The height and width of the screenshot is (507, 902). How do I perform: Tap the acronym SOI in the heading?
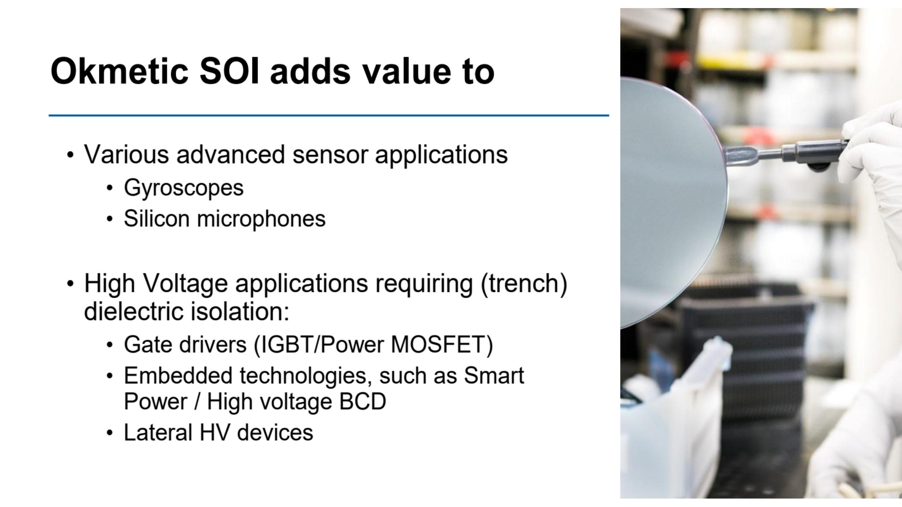tap(229, 71)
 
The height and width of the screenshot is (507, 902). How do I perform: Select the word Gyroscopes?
tap(184, 188)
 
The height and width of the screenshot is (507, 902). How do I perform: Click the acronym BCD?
tap(363, 401)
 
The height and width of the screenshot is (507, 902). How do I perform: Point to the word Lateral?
tap(158, 432)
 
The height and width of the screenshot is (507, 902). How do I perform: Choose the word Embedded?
tap(178, 375)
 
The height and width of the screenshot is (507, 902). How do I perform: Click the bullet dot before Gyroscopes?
tap(110, 188)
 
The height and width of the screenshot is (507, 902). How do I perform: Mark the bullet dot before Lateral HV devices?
tap(110, 433)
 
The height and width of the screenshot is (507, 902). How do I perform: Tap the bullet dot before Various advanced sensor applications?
tap(70, 155)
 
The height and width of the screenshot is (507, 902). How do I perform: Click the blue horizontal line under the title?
tap(329, 115)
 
